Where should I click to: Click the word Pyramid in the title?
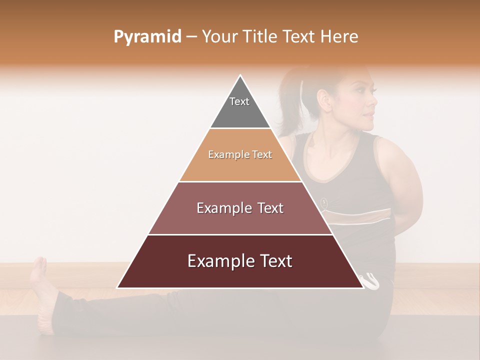coord(147,37)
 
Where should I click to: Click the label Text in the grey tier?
coord(239,101)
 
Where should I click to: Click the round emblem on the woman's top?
coord(324,202)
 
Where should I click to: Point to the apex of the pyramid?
coord(240,76)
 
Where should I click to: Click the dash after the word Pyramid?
coord(191,37)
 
